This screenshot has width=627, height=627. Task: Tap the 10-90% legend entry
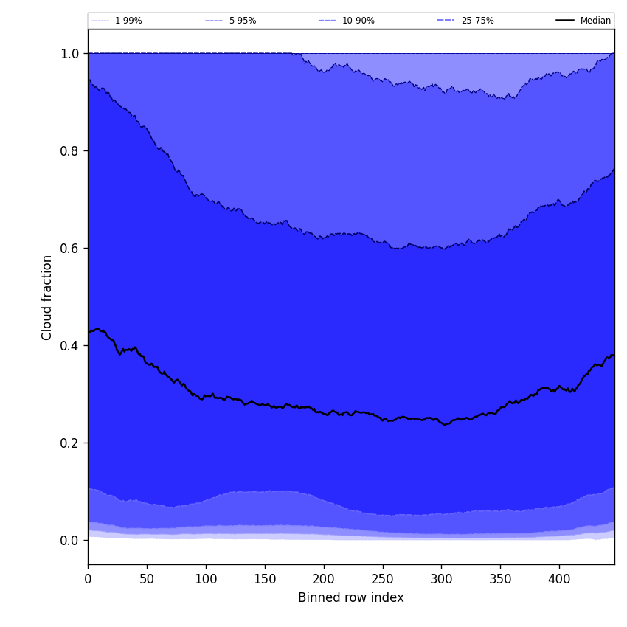coord(358,21)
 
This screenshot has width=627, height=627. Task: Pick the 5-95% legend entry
coord(242,21)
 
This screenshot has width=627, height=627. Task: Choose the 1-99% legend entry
coord(128,21)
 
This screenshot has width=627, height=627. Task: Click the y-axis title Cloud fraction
coord(47,297)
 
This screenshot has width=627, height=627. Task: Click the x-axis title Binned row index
coord(351,598)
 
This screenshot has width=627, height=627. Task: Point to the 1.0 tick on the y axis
coord(69,54)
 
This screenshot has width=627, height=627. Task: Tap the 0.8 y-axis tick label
coord(69,151)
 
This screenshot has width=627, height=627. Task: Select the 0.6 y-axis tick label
coord(69,249)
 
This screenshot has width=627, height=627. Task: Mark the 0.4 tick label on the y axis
coord(69,346)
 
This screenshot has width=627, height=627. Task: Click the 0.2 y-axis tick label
coord(69,443)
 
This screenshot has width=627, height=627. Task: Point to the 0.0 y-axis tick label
coord(69,541)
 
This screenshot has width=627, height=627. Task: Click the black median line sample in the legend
coord(566,21)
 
